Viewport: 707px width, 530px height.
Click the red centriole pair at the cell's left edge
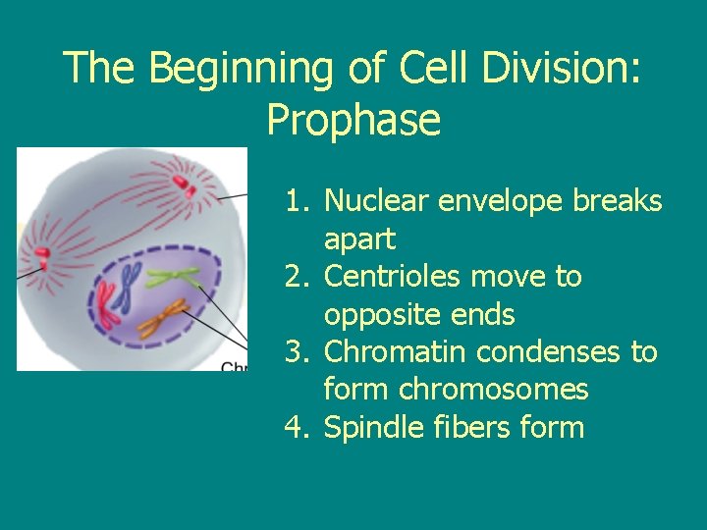(42, 258)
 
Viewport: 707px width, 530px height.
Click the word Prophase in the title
(353, 121)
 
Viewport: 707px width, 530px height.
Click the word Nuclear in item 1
(376, 201)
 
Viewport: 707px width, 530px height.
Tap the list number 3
(296, 352)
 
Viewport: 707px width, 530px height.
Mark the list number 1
(296, 201)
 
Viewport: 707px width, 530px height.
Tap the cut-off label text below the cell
(236, 366)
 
